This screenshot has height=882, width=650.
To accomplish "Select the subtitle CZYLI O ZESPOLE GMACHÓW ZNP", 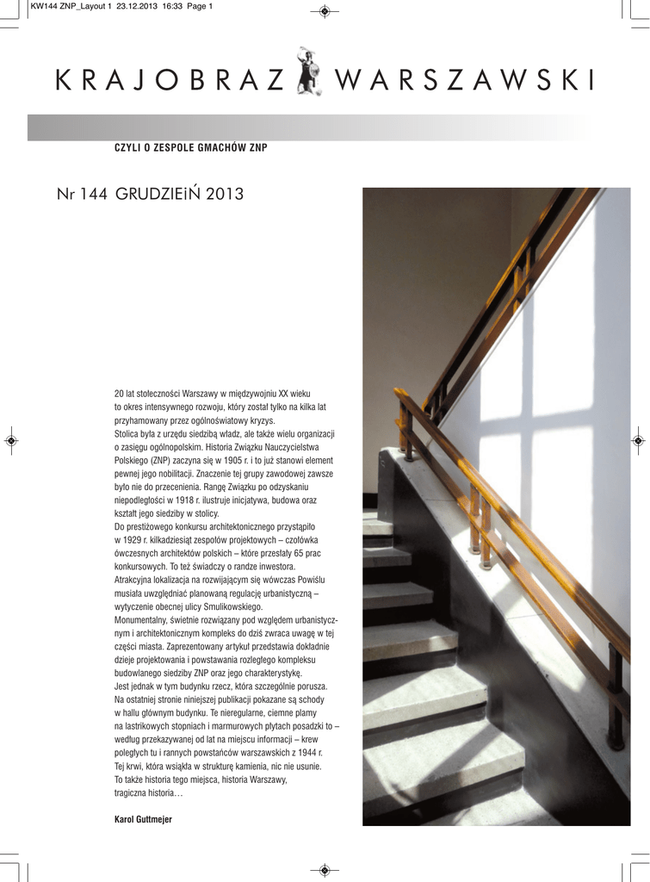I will (x=191, y=148).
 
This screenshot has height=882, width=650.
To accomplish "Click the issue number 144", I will (x=92, y=195).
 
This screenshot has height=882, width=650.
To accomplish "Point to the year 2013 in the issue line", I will (x=225, y=195).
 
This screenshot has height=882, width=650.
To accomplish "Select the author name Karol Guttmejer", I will (x=143, y=819).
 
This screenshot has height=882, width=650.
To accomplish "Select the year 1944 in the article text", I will (x=301, y=753).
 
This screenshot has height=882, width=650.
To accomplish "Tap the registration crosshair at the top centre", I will (x=325, y=10).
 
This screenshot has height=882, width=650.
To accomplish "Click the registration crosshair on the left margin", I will (x=11, y=440).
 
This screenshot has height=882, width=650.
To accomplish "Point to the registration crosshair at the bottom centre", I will (x=325, y=870).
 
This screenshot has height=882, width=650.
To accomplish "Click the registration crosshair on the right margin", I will (x=638, y=440).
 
